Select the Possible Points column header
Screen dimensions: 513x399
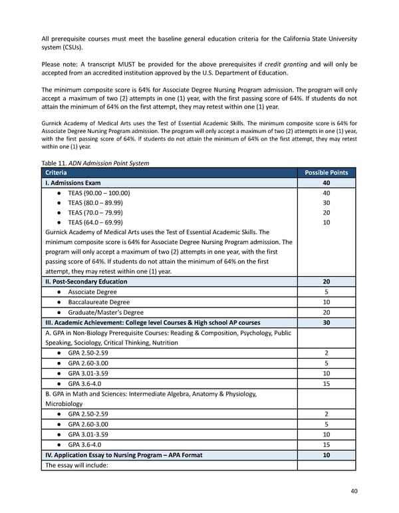[x=326, y=172]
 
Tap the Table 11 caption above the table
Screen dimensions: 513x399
[x=95, y=162]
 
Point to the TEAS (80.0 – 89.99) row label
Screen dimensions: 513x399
[x=99, y=203]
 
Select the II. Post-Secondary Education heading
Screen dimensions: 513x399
[x=86, y=281]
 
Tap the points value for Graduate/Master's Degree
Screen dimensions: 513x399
[x=326, y=312]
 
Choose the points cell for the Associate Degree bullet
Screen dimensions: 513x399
[x=326, y=292]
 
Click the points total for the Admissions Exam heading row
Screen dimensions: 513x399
[x=326, y=182]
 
